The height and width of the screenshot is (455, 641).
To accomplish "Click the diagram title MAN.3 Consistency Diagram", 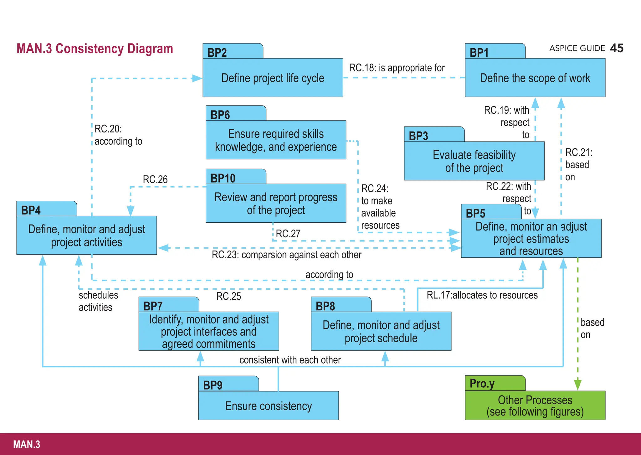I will [95, 49].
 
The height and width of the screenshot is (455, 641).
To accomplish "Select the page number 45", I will [617, 48].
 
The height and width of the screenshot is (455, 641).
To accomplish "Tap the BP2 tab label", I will [217, 53].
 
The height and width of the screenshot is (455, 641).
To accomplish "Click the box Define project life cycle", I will [273, 78].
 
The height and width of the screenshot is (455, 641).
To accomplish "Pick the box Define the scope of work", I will [535, 78].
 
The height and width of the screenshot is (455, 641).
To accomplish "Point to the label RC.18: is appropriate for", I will [397, 68].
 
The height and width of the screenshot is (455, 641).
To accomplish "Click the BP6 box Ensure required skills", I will [276, 140].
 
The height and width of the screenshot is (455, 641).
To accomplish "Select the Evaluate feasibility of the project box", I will [474, 161].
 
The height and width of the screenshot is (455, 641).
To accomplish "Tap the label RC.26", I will [155, 179].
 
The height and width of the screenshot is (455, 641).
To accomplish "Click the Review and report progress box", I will [276, 203].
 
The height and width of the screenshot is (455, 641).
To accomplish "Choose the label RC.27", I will [288, 234].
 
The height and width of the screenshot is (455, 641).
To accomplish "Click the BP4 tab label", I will [31, 210].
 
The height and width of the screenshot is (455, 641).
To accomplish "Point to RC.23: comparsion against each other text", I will [286, 255].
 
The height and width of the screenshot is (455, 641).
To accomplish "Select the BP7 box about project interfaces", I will [208, 331].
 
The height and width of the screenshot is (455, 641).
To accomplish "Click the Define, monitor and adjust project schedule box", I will [381, 331].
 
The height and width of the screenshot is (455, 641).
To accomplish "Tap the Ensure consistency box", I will [268, 406].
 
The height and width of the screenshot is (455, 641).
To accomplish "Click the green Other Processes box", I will [535, 406].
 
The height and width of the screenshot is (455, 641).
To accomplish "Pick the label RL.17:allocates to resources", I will [482, 295].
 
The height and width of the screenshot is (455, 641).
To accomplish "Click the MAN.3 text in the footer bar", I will [27, 444].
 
